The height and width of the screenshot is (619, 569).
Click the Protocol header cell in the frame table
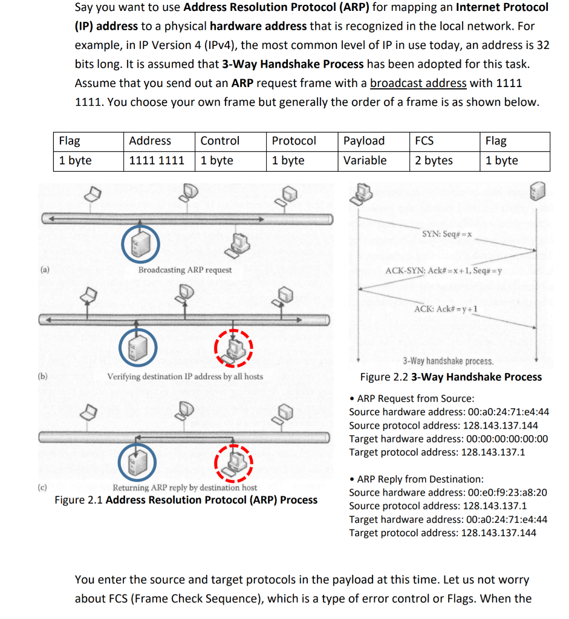[294, 141]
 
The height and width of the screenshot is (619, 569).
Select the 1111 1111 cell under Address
[157, 161]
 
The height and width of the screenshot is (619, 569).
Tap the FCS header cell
[424, 141]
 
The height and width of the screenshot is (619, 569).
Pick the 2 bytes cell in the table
[434, 161]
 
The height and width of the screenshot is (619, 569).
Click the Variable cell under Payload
[365, 161]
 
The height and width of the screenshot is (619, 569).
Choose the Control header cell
[220, 141]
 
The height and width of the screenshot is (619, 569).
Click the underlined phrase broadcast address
[418, 83]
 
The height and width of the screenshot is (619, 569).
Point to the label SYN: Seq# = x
[447, 234]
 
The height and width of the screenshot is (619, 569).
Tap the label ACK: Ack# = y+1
[446, 309]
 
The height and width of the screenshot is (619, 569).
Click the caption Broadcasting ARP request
[185, 270]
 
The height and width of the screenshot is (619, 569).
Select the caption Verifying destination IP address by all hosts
[185, 377]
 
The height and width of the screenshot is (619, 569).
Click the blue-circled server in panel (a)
[141, 243]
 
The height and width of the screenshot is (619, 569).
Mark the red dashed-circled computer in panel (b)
[233, 348]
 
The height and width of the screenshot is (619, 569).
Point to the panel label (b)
[42, 376]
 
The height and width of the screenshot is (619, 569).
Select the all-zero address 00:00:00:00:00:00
[507, 439]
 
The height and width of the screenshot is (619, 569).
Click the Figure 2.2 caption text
[451, 377]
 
